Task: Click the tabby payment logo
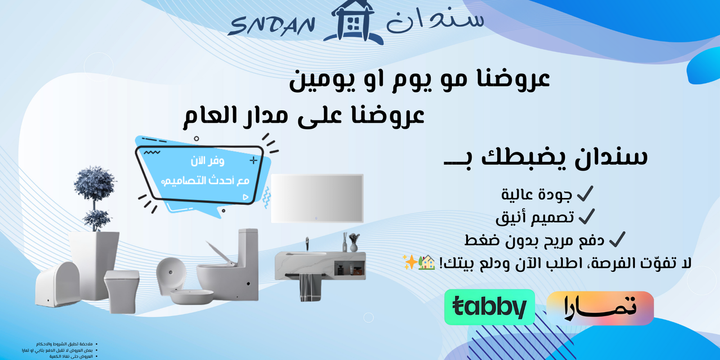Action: point(489,307)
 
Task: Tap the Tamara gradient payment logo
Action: point(600,308)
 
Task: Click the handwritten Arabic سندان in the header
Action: point(435,20)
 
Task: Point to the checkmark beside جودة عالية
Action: point(585,194)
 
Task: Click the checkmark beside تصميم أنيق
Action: point(587,217)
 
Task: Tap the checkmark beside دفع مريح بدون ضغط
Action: point(617,239)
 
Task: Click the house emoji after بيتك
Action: point(427,262)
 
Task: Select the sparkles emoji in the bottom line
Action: point(410,262)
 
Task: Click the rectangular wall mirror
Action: point(317,198)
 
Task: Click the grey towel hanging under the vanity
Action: point(309,287)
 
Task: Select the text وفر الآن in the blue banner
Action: point(207,161)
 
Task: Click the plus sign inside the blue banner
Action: point(254,160)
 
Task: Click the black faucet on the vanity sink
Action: point(307,243)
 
